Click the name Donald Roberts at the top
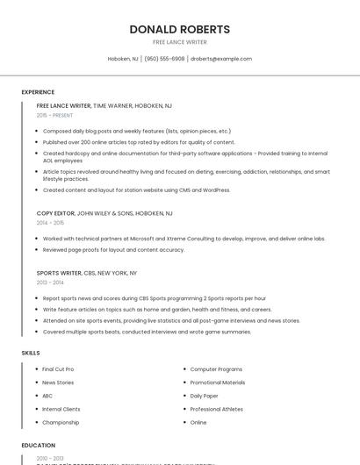[179, 29]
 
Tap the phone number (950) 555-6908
[164, 59]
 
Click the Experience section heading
[38, 92]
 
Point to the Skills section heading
[31, 353]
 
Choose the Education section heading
[38, 446]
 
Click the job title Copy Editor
[56, 213]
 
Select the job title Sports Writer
[59, 273]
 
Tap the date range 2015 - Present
[55, 115]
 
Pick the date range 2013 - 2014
[50, 283]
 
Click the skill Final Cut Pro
[58, 369]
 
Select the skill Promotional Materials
[218, 383]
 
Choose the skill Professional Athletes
[217, 409]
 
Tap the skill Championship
[61, 422]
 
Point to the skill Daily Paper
[205, 396]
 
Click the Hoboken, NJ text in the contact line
[123, 59]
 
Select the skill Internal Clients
[61, 409]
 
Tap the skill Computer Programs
[216, 369]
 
